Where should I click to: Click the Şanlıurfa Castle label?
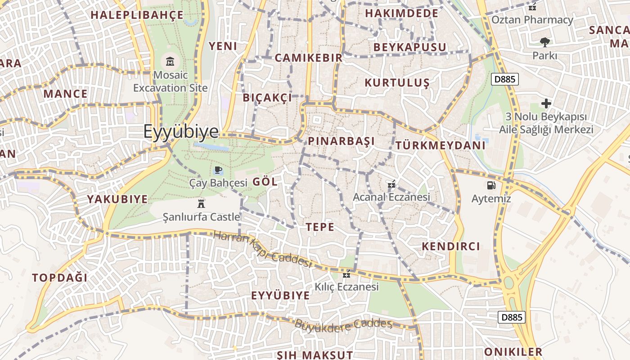201,217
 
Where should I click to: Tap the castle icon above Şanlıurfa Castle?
201,204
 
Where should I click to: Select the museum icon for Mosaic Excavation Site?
171,61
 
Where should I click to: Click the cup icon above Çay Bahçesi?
218,170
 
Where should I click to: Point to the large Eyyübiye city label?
181,131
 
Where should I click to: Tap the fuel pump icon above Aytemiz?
491,185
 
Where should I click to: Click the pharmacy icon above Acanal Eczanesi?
391,184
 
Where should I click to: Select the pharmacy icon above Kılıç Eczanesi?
346,274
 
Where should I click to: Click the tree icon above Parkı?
545,42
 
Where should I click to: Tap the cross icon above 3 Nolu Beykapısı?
546,103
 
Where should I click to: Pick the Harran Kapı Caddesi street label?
262,249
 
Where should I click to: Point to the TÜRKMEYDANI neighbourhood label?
441,145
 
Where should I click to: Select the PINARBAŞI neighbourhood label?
341,141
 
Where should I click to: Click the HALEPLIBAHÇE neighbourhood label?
137,15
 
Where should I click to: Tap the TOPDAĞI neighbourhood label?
60,278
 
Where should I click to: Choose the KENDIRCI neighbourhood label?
451,246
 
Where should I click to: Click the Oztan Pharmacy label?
532,20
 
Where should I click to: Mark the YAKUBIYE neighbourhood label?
117,199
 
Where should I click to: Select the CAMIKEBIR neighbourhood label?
309,58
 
